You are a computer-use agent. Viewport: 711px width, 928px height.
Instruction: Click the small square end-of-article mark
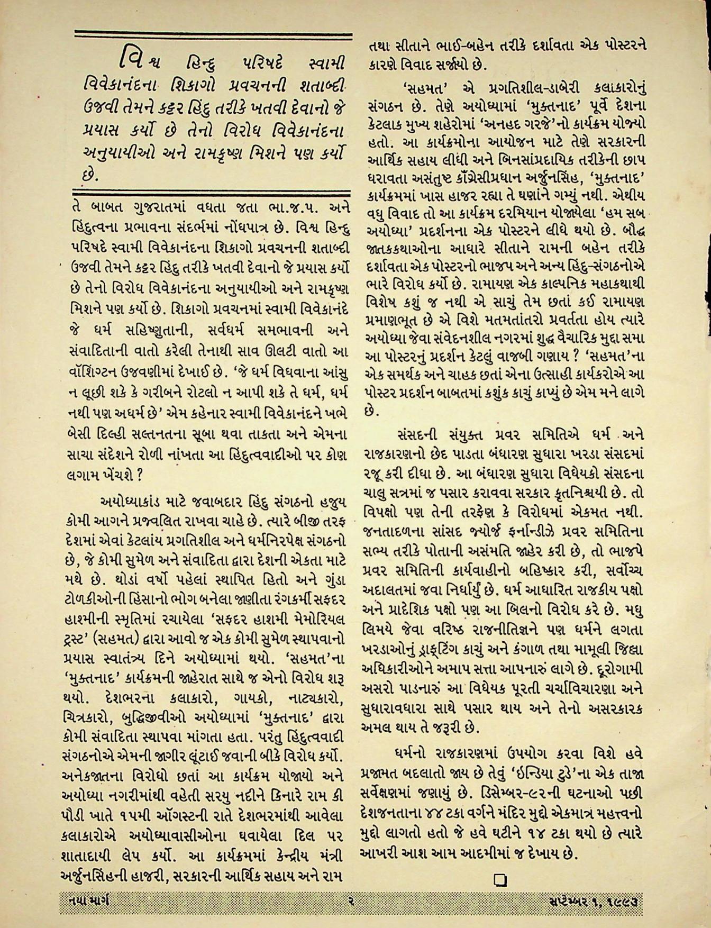[x=499, y=879]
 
